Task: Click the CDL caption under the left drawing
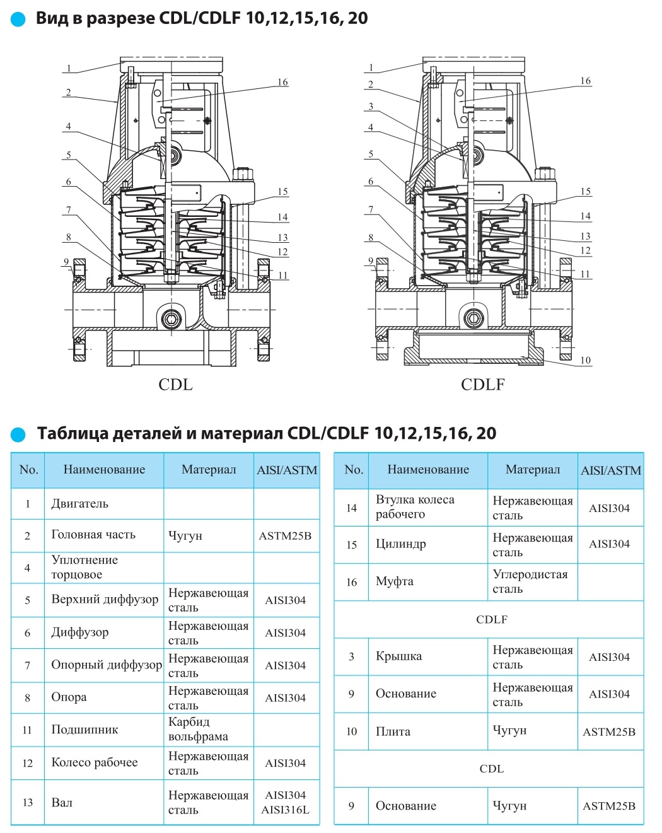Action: point(175,385)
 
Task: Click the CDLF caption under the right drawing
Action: point(482,385)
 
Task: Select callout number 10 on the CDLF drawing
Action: point(585,360)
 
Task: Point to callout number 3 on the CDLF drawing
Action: point(371,106)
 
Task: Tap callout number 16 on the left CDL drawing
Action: point(282,82)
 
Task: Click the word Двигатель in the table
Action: point(79,504)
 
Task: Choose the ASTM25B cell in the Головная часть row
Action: point(285,536)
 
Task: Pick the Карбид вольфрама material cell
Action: point(198,729)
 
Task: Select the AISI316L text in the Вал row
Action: point(286,810)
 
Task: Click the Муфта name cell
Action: point(395,581)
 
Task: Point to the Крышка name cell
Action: point(398,656)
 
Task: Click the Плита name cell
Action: point(393,731)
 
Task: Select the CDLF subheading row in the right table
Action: point(492,619)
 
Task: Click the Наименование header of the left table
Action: point(104,470)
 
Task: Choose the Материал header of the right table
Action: point(533,470)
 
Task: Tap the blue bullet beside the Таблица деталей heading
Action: point(18,434)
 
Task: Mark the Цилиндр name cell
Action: point(400,544)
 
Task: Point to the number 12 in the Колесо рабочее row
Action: point(27,763)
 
